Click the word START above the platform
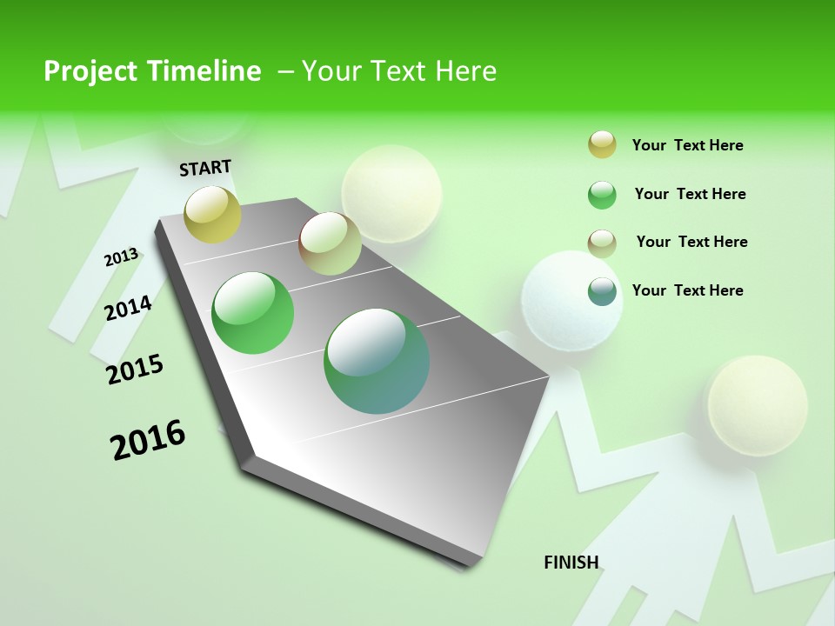[x=205, y=168]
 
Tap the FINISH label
[x=571, y=563]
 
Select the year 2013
[x=122, y=257]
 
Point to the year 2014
[x=129, y=308]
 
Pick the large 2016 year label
[x=148, y=440]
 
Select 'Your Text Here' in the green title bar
[x=399, y=71]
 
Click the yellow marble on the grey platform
[x=213, y=214]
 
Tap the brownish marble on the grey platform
[x=330, y=243]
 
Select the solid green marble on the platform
[x=253, y=313]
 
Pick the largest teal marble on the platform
[x=377, y=361]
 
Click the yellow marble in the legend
[x=602, y=145]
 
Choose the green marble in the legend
[x=602, y=195]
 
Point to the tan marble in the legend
[x=602, y=243]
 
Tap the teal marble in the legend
[x=602, y=291]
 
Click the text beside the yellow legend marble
[x=687, y=145]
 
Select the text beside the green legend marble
[x=690, y=194]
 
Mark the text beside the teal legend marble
[x=687, y=290]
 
